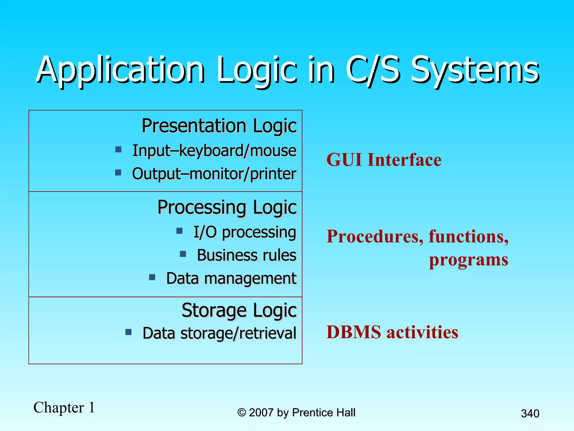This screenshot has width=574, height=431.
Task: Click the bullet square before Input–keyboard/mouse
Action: [119, 149]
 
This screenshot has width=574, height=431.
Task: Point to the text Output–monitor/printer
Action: [214, 174]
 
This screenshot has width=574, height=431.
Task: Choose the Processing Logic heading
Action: [227, 207]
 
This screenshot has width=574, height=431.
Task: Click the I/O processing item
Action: [245, 232]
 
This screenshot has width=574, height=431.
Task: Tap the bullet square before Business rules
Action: [183, 254]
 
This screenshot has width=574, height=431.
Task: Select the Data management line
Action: [231, 278]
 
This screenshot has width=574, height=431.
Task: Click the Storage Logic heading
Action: [239, 310]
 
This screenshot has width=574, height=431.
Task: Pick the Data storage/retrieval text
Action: [219, 333]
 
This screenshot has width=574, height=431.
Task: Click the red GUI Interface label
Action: [384, 160]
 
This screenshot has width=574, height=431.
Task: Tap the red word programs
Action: [468, 260]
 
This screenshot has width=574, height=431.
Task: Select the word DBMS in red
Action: [353, 332]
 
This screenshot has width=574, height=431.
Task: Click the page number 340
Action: [530, 413]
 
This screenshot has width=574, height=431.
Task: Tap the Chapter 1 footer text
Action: [64, 407]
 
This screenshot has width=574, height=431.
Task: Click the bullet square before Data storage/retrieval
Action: [129, 332]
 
